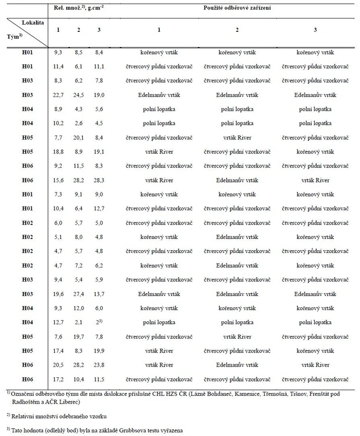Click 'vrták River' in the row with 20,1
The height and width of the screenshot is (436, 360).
pos(236,137)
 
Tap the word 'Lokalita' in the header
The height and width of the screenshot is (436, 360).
pos(31,24)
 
